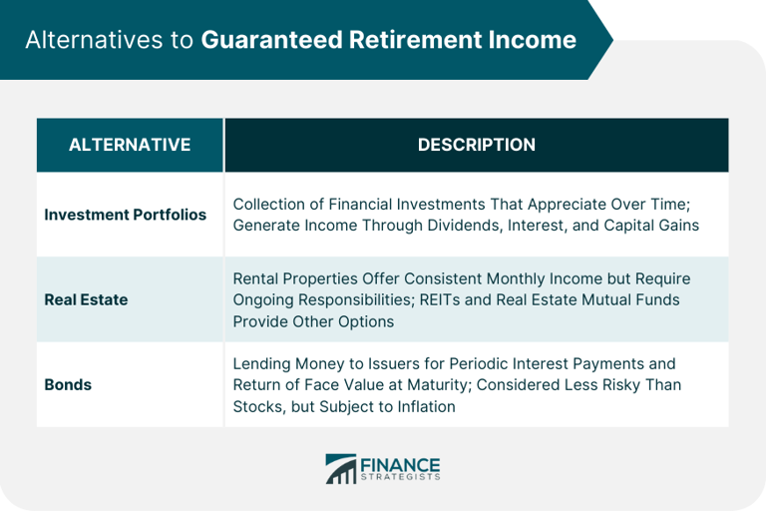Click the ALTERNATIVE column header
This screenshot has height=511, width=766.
tap(130, 145)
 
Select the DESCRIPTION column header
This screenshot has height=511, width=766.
tap(476, 145)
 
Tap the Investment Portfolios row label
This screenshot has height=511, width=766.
tap(126, 215)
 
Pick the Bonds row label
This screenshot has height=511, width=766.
tap(67, 384)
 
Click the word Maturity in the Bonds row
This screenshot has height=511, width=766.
tap(457, 385)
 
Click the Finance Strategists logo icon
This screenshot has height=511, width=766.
tap(340, 469)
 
